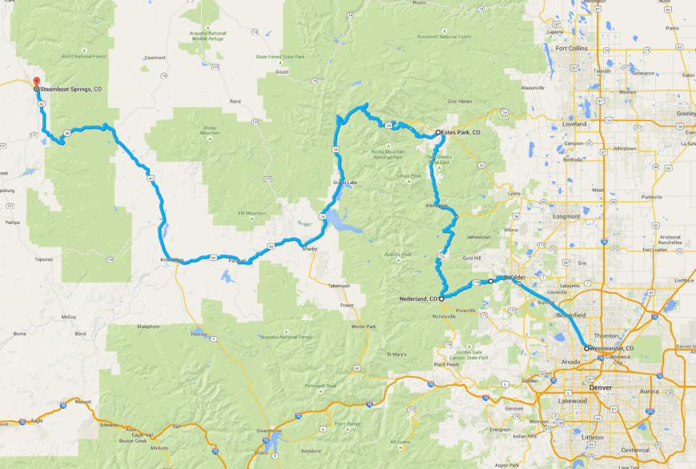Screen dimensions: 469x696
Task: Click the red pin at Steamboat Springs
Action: (35, 81)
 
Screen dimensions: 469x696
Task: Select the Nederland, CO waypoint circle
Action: (441, 299)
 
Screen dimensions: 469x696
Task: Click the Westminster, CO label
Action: (613, 349)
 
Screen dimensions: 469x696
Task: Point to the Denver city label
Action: (600, 387)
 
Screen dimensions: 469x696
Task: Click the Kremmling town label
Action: (171, 260)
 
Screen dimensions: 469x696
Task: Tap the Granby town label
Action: (310, 249)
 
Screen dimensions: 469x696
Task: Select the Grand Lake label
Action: (344, 183)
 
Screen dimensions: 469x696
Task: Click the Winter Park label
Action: (364, 327)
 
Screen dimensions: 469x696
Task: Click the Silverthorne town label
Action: (270, 430)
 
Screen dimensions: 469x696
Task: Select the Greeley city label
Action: (686, 114)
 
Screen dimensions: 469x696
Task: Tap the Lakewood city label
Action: (572, 400)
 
